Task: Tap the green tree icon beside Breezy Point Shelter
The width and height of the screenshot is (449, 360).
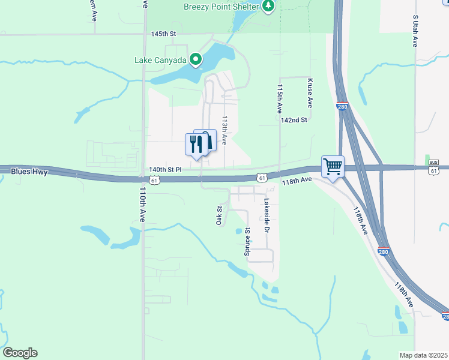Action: pos(269,7)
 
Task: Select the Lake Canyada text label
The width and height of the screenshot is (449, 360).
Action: pos(160,59)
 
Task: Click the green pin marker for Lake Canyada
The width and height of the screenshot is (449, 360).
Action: pos(195,59)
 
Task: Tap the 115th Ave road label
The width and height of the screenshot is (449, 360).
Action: pos(280,99)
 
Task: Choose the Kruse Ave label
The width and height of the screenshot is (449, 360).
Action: pos(310,92)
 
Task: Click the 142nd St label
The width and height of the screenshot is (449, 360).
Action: pos(294,120)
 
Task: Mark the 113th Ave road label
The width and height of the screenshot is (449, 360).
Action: pos(224,130)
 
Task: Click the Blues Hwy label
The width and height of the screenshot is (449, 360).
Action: pos(29,172)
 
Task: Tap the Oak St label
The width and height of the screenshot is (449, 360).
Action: pos(220,216)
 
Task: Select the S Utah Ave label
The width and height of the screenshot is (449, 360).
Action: pos(415,31)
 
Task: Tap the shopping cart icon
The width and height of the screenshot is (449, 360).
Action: pos(333,166)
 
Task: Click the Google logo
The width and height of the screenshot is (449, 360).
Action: pos(20,353)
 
